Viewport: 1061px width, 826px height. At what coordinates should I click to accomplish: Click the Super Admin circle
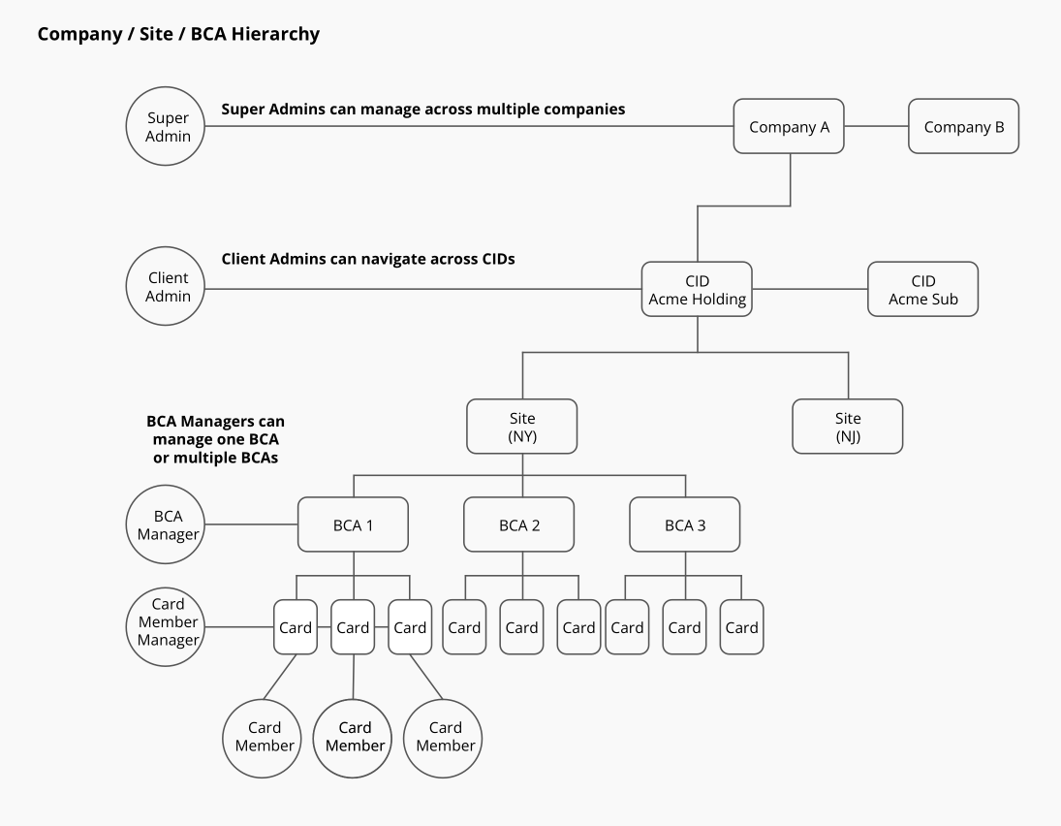coord(168,127)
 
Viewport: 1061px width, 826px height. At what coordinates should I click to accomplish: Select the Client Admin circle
coord(168,288)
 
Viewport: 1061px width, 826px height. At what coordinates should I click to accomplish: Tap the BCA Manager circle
coord(168,524)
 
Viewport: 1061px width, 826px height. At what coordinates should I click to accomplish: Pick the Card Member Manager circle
coord(168,621)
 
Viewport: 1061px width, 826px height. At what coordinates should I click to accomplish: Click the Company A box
coord(789,126)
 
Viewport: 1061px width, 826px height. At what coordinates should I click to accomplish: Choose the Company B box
coord(963,126)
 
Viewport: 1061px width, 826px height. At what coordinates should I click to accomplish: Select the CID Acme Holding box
coord(697,289)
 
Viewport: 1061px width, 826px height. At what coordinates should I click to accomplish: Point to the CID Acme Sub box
coord(922,289)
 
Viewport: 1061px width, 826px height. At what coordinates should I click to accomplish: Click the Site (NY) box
coord(522,427)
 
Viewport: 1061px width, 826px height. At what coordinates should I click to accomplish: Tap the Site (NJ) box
coord(847,427)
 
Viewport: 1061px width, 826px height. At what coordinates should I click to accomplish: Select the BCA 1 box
coord(353,524)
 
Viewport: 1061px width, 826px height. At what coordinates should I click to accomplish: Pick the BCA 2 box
coord(518,524)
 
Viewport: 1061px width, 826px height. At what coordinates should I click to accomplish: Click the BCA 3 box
coord(684,524)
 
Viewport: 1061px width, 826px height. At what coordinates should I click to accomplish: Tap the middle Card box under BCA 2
coord(521,627)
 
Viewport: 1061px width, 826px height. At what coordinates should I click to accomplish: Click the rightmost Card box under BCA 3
coord(741,627)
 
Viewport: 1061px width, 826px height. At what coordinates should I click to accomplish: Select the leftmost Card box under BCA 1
coord(296,627)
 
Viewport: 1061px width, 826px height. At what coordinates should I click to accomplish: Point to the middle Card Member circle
coord(355,736)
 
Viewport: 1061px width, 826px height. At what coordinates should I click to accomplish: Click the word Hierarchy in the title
coord(274,35)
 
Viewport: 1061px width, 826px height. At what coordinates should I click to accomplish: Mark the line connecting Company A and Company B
coord(876,126)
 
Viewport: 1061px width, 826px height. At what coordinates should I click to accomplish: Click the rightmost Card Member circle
coord(445,736)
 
